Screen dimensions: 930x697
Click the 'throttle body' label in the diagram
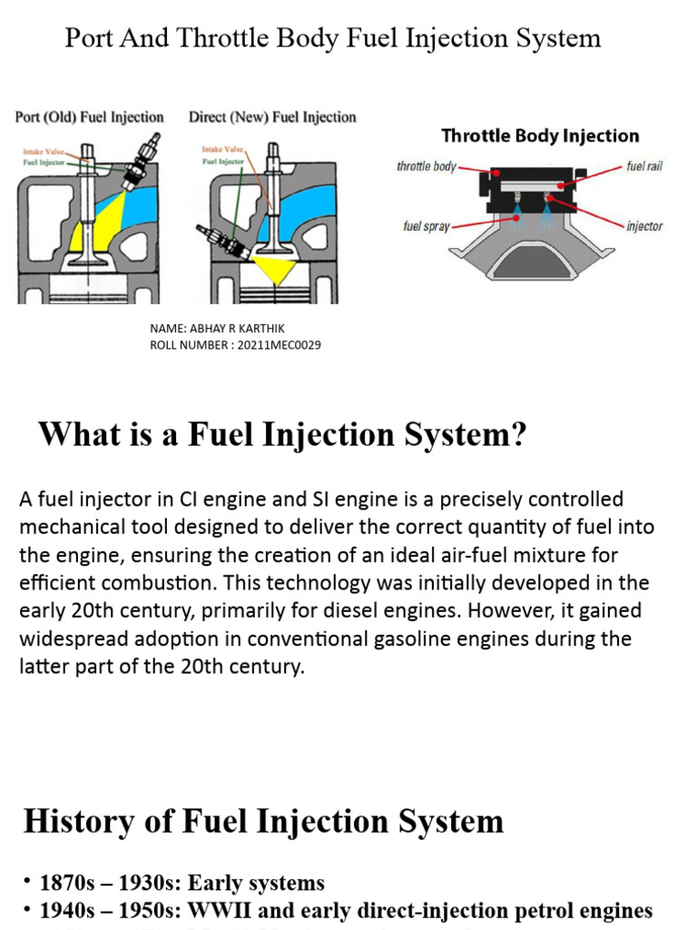pos(427,167)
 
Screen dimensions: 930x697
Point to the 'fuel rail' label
pos(644,167)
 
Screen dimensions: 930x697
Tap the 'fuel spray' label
pos(427,226)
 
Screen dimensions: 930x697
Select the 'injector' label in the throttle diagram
pos(644,226)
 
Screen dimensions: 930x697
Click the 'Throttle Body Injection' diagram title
pos(540,136)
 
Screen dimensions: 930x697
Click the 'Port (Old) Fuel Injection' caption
pos(89,117)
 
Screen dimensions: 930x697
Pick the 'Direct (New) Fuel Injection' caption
pos(272,117)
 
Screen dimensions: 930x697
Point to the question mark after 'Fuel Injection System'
pos(517,435)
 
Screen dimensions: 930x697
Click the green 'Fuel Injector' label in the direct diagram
pos(223,161)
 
